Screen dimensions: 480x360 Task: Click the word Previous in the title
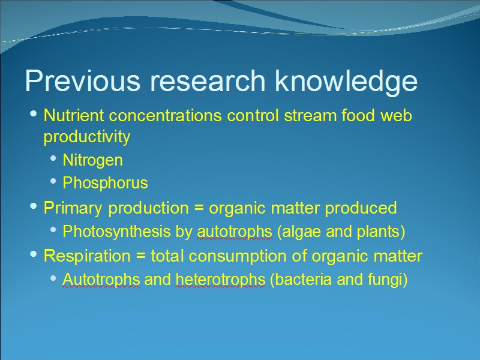(83, 80)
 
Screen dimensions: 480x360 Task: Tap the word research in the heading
(208, 80)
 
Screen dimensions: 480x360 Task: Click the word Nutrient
(74, 115)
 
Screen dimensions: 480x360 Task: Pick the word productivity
(87, 137)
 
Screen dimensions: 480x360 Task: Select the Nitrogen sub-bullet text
(93, 160)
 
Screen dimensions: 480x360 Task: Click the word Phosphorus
(106, 183)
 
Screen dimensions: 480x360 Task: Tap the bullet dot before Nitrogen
(53, 158)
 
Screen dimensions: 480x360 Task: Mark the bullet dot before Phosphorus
(53, 181)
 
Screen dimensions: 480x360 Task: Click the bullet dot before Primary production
(34, 206)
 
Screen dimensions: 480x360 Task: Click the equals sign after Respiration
(140, 256)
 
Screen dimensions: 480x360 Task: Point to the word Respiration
(87, 256)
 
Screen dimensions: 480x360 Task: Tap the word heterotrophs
(220, 280)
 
